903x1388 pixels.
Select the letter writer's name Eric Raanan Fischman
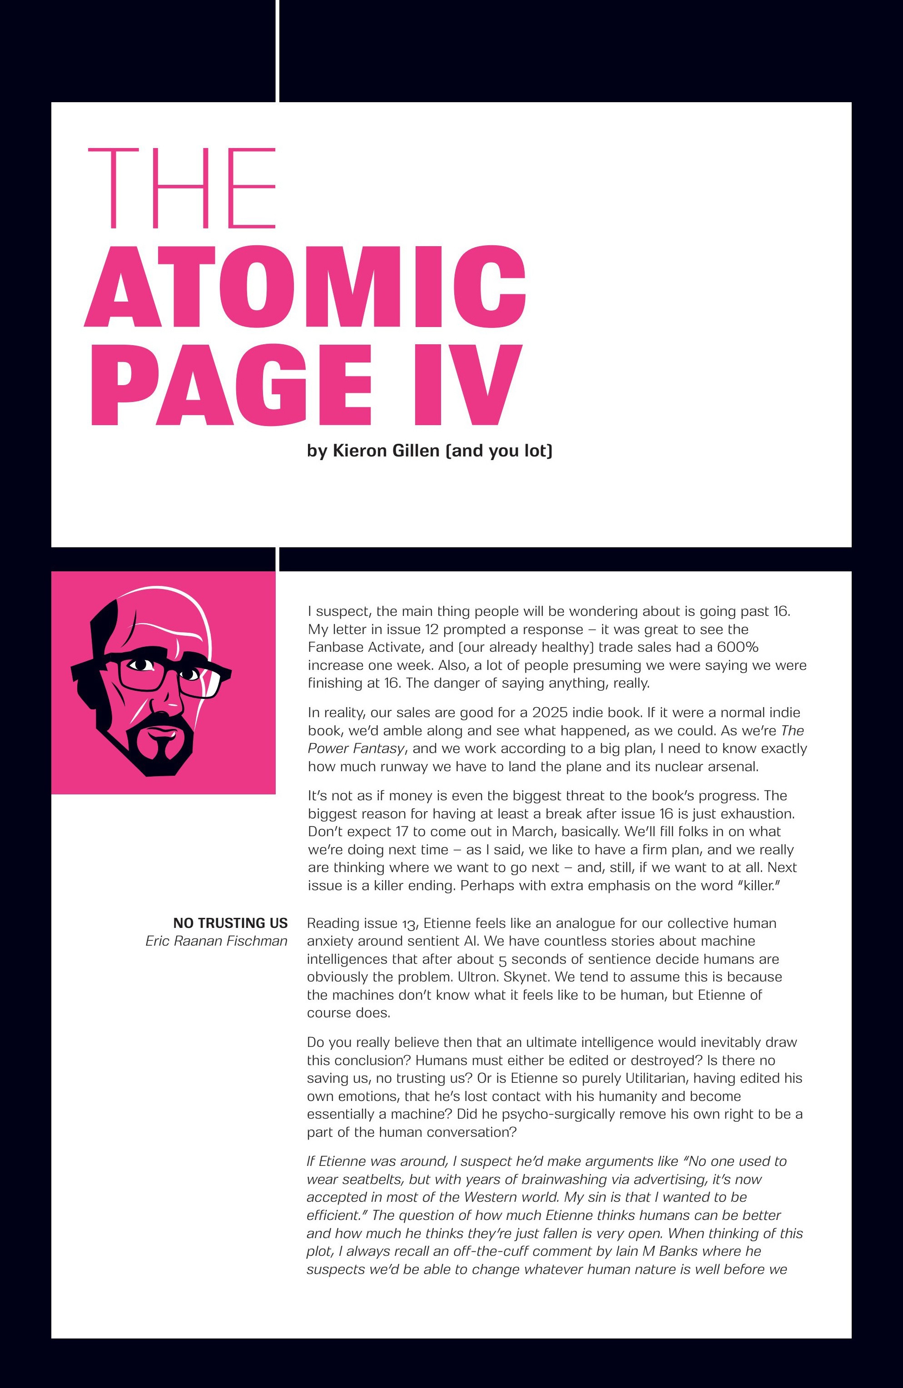[x=216, y=941]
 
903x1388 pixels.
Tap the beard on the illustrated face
[x=164, y=749]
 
